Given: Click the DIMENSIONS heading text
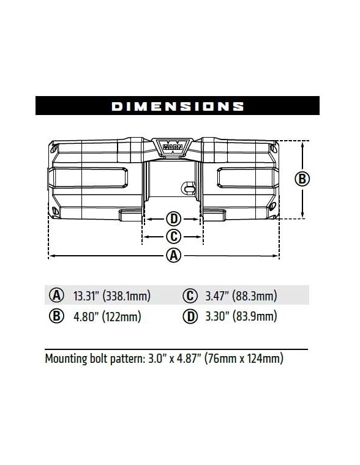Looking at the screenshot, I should tap(178, 106).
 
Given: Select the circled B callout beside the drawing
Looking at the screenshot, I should tap(302, 179).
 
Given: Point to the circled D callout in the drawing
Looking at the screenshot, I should tap(173, 219).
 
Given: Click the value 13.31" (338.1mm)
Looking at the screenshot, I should tap(111, 297).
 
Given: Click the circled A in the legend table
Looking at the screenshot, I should tap(57, 296).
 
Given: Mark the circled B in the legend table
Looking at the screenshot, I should tap(57, 316).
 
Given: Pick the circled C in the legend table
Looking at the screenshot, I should tap(190, 296).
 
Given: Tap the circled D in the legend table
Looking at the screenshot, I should tap(190, 316).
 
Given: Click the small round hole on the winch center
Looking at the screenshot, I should tap(183, 190).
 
